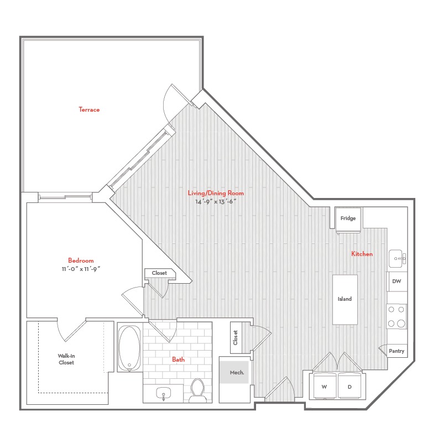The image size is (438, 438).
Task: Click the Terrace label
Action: tap(89, 109)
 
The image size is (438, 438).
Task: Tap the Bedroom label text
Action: tap(81, 260)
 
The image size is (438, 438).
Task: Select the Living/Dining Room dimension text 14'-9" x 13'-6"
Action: tap(216, 201)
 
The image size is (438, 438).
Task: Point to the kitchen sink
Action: tap(397, 258)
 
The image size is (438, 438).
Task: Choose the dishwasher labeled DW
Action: tap(397, 281)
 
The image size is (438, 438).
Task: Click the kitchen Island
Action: tap(345, 299)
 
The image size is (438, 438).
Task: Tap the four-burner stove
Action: tap(397, 316)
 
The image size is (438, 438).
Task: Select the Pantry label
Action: tap(397, 351)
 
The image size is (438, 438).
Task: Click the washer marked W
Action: tap(325, 386)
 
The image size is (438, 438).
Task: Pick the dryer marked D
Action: tap(350, 386)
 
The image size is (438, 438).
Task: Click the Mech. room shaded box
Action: tap(234, 372)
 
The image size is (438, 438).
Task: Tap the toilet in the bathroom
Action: tap(198, 390)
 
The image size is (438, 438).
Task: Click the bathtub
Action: tap(129, 348)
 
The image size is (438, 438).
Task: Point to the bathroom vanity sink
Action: tap(163, 393)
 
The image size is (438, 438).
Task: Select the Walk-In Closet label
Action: tap(66, 359)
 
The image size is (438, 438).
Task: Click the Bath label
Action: tap(178, 359)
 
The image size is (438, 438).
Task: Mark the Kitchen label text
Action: tap(362, 254)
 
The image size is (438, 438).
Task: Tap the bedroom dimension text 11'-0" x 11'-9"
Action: tap(81, 269)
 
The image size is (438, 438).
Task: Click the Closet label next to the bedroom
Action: tap(159, 273)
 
